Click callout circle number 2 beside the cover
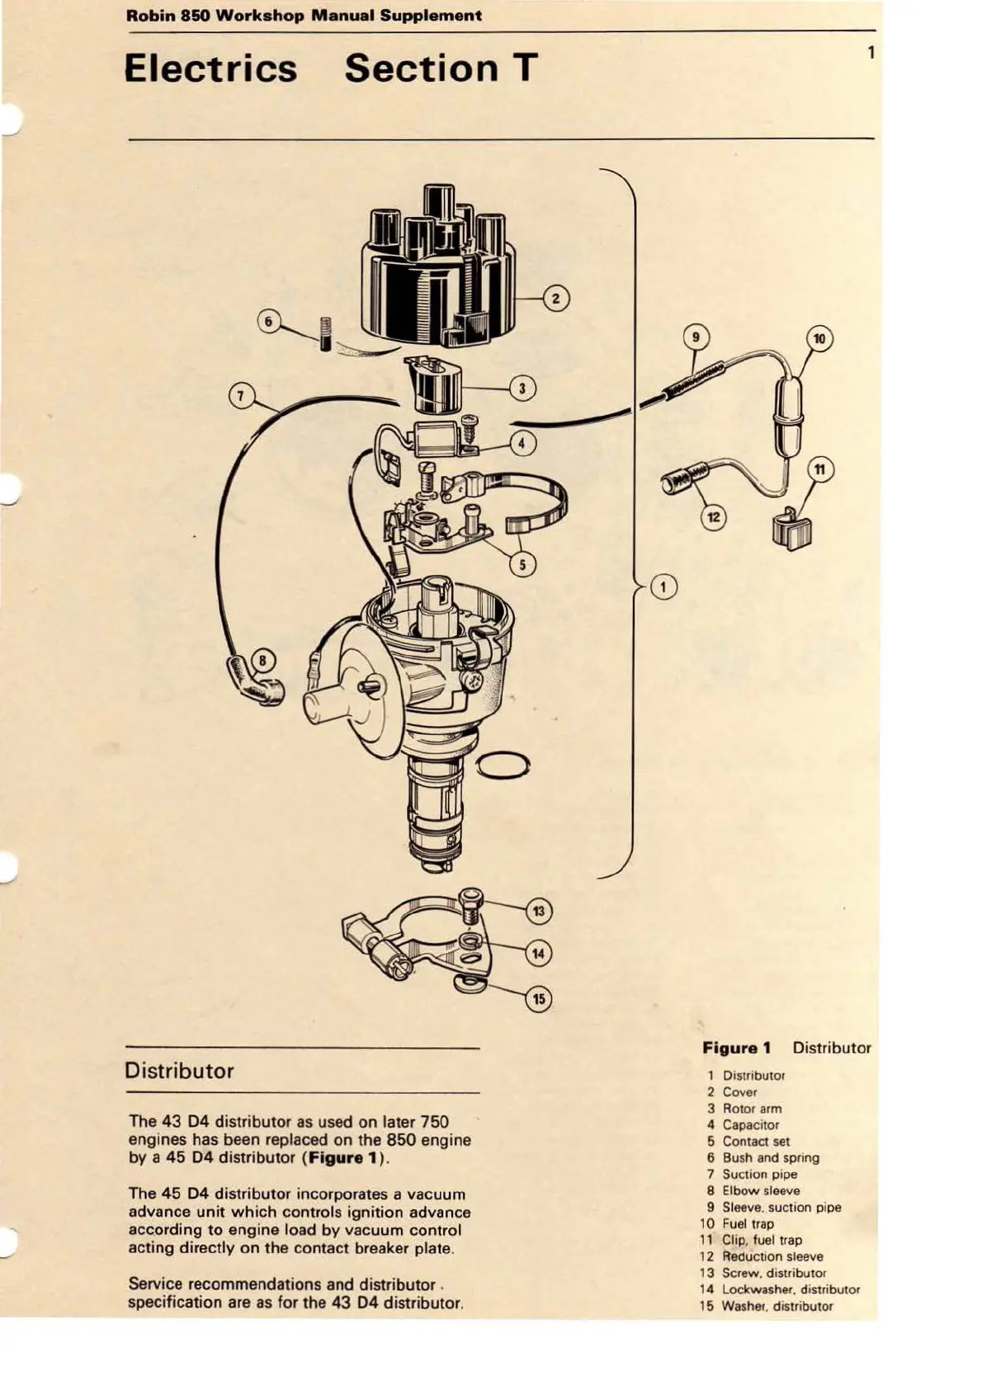[x=555, y=298]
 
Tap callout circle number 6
[x=268, y=321]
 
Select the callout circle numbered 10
[x=819, y=338]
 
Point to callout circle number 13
[x=538, y=911]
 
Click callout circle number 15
[x=538, y=999]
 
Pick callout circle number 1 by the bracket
[x=663, y=587]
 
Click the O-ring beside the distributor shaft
[x=502, y=765]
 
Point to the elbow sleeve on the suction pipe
[x=257, y=681]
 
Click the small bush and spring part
[x=325, y=332]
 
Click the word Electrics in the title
[x=210, y=68]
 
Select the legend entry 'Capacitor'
[x=750, y=1124]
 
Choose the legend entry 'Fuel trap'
[x=748, y=1223]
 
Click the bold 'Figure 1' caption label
[x=736, y=1048]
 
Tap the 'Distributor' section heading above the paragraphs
[x=179, y=1071]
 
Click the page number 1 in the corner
[x=871, y=53]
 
